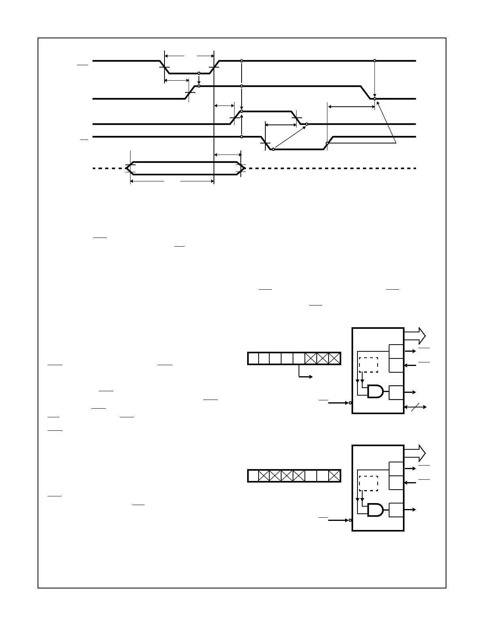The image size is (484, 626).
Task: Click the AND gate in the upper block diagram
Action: pos(376,392)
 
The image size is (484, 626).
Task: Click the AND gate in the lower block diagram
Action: pos(376,510)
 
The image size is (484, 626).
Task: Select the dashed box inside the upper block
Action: pos(368,365)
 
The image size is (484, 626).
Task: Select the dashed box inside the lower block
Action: pos(368,483)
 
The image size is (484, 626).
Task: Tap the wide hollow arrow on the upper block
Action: pos(415,336)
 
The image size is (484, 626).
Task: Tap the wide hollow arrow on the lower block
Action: pos(415,453)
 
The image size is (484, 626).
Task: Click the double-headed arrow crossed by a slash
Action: pos(415,407)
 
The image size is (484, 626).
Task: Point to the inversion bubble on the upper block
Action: pos(350,403)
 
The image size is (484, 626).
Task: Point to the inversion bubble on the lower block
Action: pos(350,520)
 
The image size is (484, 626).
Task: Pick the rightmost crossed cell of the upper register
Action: pos(335,358)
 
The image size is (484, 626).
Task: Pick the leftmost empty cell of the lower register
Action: pos(253,476)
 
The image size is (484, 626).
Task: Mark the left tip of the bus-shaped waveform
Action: pos(127,168)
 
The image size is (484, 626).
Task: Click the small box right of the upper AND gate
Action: pos(396,392)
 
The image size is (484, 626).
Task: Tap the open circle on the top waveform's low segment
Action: pos(199,73)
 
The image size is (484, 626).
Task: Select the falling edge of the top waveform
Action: pos(164,67)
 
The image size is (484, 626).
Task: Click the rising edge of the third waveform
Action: pos(236,118)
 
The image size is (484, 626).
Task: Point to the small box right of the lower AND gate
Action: pos(396,510)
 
